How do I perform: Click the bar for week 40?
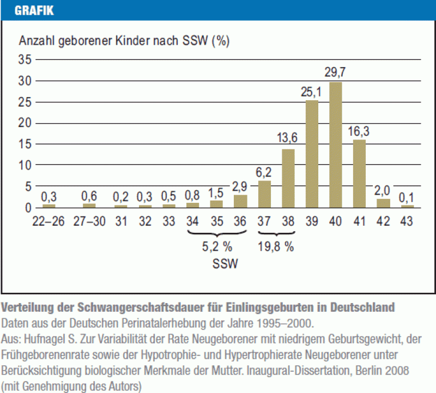click(x=336, y=144)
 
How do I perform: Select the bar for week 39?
click(x=312, y=154)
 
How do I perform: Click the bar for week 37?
click(x=264, y=194)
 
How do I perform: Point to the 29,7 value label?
click(x=336, y=72)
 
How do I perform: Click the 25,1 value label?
click(x=311, y=92)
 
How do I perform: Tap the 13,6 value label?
click(x=287, y=139)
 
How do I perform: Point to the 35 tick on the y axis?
click(x=25, y=59)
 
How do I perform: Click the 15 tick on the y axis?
click(x=25, y=144)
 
